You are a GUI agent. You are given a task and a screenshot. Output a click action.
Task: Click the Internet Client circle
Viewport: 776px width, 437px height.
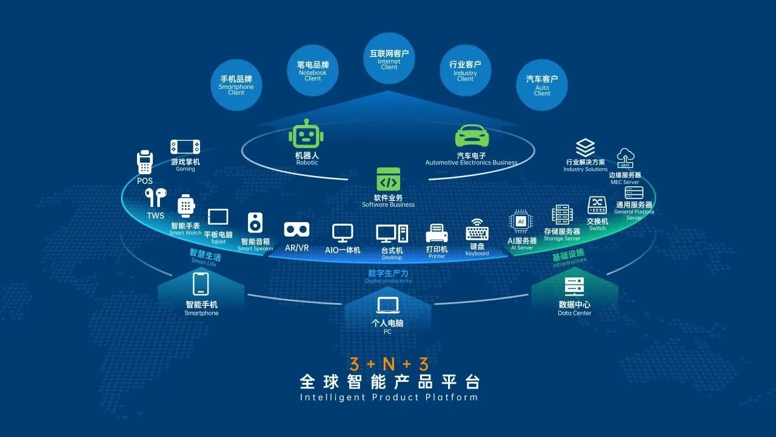[x=389, y=58]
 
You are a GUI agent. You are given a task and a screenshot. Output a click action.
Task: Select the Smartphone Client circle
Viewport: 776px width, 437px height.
[x=236, y=84]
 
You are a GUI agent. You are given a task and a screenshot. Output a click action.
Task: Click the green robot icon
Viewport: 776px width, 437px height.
[x=307, y=134]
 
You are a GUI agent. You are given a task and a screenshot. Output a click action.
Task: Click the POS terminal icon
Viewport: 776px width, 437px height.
[x=144, y=163]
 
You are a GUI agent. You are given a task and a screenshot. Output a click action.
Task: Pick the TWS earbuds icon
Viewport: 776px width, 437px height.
[x=155, y=198]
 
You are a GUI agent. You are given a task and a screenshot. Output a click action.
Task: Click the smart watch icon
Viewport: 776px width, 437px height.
[x=186, y=206]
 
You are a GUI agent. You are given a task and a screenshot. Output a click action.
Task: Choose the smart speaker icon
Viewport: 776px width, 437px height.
[x=255, y=223]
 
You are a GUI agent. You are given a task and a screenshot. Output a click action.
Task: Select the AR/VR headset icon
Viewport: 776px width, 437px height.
[x=297, y=230]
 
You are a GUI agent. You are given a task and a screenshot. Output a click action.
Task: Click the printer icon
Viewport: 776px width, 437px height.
[x=436, y=234]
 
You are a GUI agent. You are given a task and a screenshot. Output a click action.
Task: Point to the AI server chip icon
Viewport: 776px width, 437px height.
[x=520, y=222]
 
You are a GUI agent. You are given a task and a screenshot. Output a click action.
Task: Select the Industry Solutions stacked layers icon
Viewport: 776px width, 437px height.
[x=585, y=148]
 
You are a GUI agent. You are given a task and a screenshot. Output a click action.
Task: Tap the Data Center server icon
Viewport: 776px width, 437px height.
[x=574, y=287]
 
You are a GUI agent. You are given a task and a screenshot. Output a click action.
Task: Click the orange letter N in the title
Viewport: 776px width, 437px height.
[x=389, y=364]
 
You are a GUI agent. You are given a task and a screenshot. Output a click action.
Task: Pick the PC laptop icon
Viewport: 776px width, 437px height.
[x=387, y=305]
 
